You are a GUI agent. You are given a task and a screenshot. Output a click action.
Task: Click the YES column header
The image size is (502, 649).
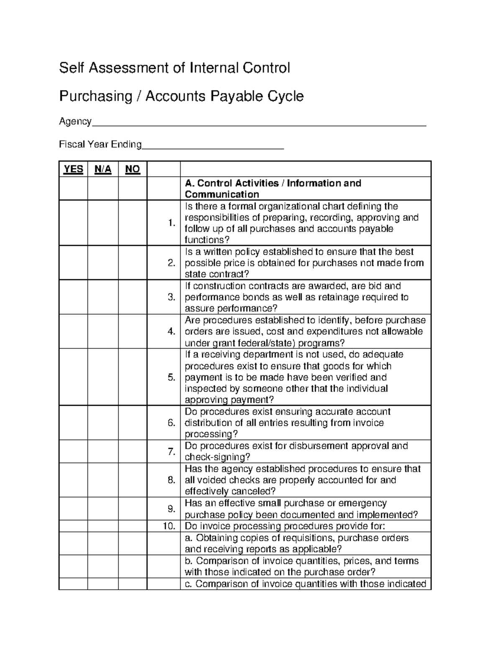73,169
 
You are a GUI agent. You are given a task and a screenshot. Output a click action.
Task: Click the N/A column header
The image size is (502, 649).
103,169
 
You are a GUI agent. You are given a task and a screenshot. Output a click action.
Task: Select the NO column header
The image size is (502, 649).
133,169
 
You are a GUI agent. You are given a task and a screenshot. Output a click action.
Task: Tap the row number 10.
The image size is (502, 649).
169,526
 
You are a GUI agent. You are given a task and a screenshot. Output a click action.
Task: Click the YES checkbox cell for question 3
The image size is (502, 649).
73,297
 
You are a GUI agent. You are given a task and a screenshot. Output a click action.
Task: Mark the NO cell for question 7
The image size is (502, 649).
133,451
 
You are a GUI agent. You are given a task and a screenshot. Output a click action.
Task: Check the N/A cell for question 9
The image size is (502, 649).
103,509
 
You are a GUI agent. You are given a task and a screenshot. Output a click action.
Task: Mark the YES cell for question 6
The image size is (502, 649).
73,422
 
